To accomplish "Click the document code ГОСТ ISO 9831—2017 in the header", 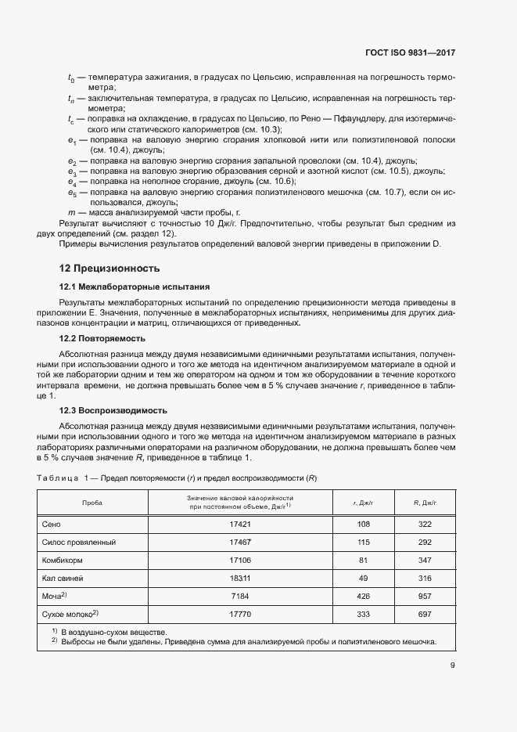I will pyautogui.click(x=410, y=53).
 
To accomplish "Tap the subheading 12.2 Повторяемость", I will pyautogui.click(x=103, y=339).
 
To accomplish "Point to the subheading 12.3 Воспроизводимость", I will pyautogui.click(x=114, y=410).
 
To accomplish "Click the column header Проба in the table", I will pyautogui.click(x=92, y=503).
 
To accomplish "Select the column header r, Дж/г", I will pyautogui.click(x=362, y=503).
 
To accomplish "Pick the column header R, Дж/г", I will pyautogui.click(x=425, y=503).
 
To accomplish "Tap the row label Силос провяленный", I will pyautogui.click(x=78, y=542).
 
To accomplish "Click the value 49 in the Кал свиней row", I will pyautogui.click(x=362, y=578).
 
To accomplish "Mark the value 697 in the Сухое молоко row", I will pyautogui.click(x=425, y=615).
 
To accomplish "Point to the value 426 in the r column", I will pyautogui.click(x=362, y=597).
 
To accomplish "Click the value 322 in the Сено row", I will pyautogui.click(x=425, y=523).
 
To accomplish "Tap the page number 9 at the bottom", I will pyautogui.click(x=452, y=666).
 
